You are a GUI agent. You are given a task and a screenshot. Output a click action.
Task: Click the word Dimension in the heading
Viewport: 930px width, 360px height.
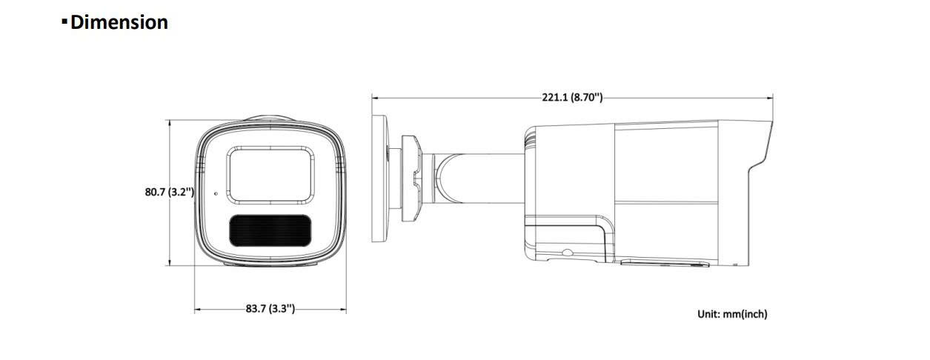click(x=119, y=22)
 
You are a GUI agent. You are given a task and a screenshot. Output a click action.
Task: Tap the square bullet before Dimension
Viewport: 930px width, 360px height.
click(x=64, y=21)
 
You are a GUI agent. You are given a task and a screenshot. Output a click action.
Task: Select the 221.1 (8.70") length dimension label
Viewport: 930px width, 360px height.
click(x=572, y=98)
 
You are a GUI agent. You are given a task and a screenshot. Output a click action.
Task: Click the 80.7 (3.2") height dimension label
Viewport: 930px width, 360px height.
click(x=170, y=192)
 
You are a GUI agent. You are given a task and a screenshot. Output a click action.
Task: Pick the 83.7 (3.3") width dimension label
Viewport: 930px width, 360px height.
click(x=270, y=308)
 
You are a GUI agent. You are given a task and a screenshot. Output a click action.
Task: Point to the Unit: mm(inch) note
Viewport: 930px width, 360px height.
click(x=732, y=314)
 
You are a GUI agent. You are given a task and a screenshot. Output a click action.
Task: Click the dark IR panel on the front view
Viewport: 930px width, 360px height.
click(x=270, y=230)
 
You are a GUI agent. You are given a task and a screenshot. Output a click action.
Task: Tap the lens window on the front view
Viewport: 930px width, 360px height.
click(x=270, y=176)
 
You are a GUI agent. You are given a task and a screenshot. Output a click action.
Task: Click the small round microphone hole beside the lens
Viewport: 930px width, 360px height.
click(x=216, y=193)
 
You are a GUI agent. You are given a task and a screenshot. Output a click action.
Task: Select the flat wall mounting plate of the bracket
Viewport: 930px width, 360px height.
click(x=380, y=179)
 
